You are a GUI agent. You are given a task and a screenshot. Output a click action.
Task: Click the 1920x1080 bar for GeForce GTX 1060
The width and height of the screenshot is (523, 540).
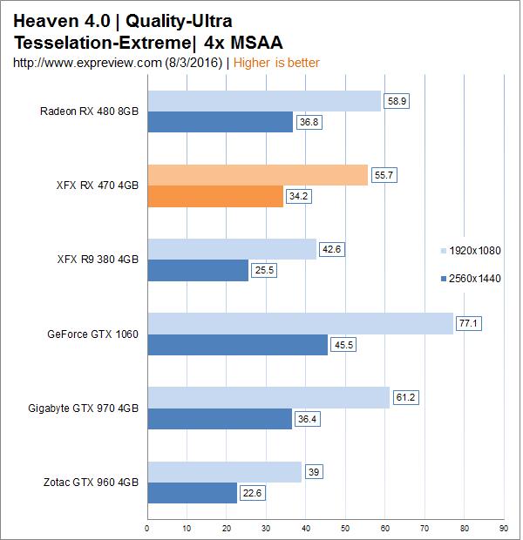point(300,324)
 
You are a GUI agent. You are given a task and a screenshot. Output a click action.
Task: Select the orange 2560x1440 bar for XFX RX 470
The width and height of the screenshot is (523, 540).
point(215,197)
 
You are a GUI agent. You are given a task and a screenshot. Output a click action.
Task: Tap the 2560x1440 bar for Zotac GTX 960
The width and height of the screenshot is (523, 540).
point(192,493)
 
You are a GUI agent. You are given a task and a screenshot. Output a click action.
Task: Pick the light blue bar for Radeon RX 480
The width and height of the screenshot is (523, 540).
point(264,101)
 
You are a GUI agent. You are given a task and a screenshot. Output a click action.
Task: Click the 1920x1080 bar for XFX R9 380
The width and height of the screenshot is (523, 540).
point(231,249)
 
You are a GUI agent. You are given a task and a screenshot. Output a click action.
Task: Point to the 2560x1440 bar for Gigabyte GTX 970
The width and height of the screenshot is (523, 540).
point(220,419)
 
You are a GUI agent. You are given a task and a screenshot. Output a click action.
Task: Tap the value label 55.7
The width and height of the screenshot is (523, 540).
point(385,175)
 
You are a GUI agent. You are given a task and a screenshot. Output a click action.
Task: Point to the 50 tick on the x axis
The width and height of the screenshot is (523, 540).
point(345,527)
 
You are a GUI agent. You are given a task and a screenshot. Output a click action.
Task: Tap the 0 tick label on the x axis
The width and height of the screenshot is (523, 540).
point(146,527)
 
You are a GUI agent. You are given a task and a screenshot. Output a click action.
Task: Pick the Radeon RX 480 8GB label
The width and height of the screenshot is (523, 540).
point(89,111)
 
